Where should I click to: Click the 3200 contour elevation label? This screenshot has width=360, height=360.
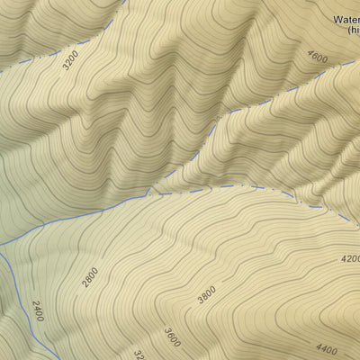pos(70,59)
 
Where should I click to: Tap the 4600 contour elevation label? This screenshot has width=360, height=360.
pos(318,57)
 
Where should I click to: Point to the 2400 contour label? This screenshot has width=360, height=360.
pos(38,311)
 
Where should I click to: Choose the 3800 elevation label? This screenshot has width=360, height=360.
pos(207,293)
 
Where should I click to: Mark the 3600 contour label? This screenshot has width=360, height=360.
pos(172,337)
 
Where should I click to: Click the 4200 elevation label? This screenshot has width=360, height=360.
pos(351,258)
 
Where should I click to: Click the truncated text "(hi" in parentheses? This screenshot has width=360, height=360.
pos(355,30)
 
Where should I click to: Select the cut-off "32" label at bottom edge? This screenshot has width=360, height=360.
pos(139,355)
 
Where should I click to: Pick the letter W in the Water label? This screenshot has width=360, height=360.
pos(337,17)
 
